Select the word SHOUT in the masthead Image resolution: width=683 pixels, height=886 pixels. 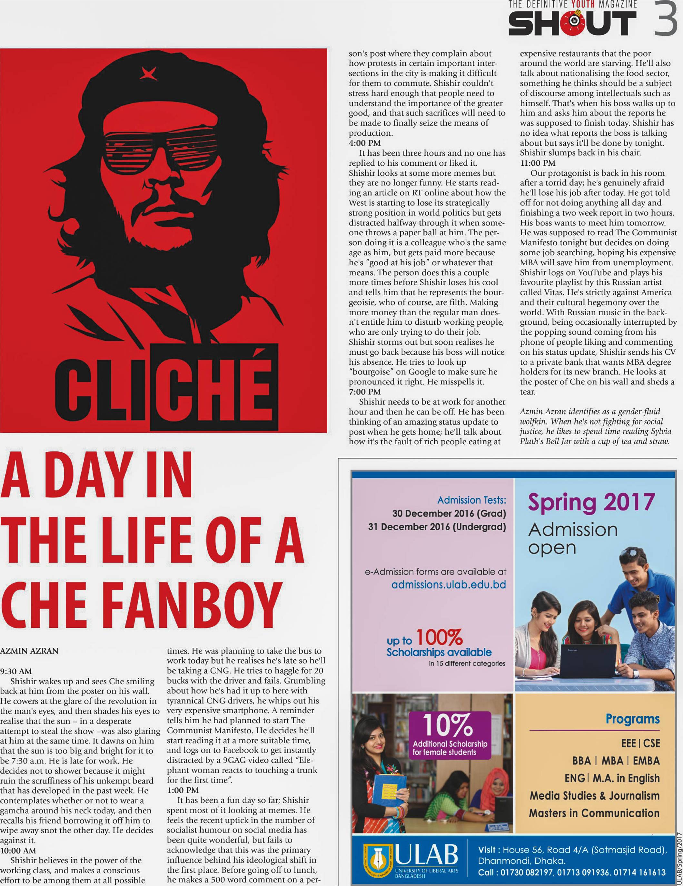pyautogui.click(x=572, y=23)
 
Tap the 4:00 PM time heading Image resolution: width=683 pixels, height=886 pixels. pyautogui.click(x=364, y=143)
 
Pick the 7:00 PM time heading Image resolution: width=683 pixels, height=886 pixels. pyautogui.click(x=364, y=391)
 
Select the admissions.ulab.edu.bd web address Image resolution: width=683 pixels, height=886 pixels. pyautogui.click(x=449, y=585)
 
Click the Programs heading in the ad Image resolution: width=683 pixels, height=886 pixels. pyautogui.click(x=632, y=719)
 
